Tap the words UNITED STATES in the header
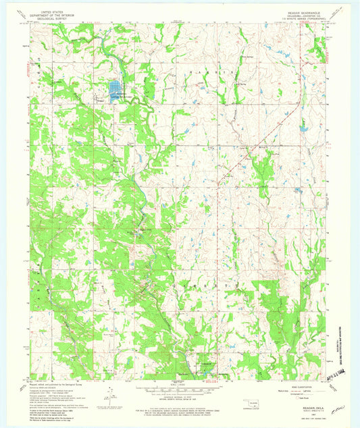click(55, 11)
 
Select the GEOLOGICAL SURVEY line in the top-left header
click(55, 18)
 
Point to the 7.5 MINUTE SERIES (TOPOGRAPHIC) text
click(301, 18)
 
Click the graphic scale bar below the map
click(180, 390)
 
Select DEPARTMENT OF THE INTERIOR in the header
click(55, 15)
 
